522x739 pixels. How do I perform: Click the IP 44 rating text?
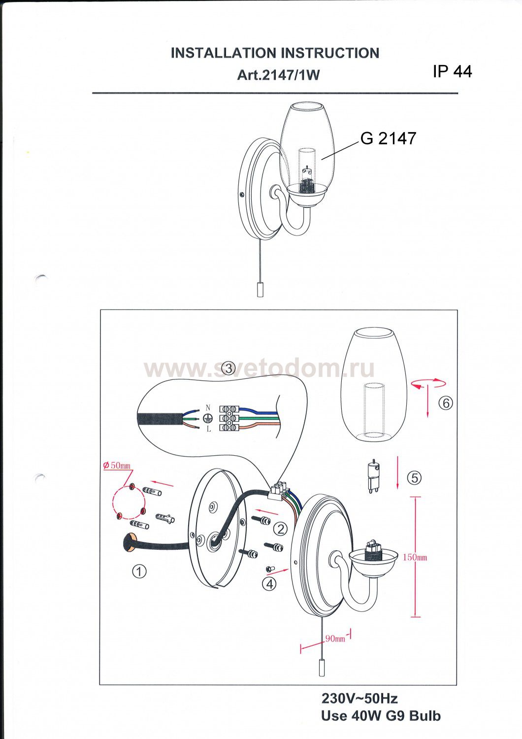click(x=453, y=71)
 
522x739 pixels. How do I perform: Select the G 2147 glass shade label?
click(x=389, y=138)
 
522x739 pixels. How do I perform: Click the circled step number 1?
click(x=139, y=571)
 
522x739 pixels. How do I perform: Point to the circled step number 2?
click(x=281, y=529)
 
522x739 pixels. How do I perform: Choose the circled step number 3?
click(x=228, y=368)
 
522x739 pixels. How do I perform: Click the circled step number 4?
click(x=269, y=584)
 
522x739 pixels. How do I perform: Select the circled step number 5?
click(x=415, y=478)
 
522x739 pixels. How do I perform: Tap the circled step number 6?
click(x=446, y=403)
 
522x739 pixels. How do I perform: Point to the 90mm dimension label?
click(x=335, y=638)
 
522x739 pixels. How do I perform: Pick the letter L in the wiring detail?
click(x=208, y=429)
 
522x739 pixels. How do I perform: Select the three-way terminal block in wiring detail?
click(x=228, y=418)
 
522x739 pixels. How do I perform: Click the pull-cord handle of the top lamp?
click(x=260, y=290)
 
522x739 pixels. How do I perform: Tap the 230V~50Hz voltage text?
click(x=359, y=699)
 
